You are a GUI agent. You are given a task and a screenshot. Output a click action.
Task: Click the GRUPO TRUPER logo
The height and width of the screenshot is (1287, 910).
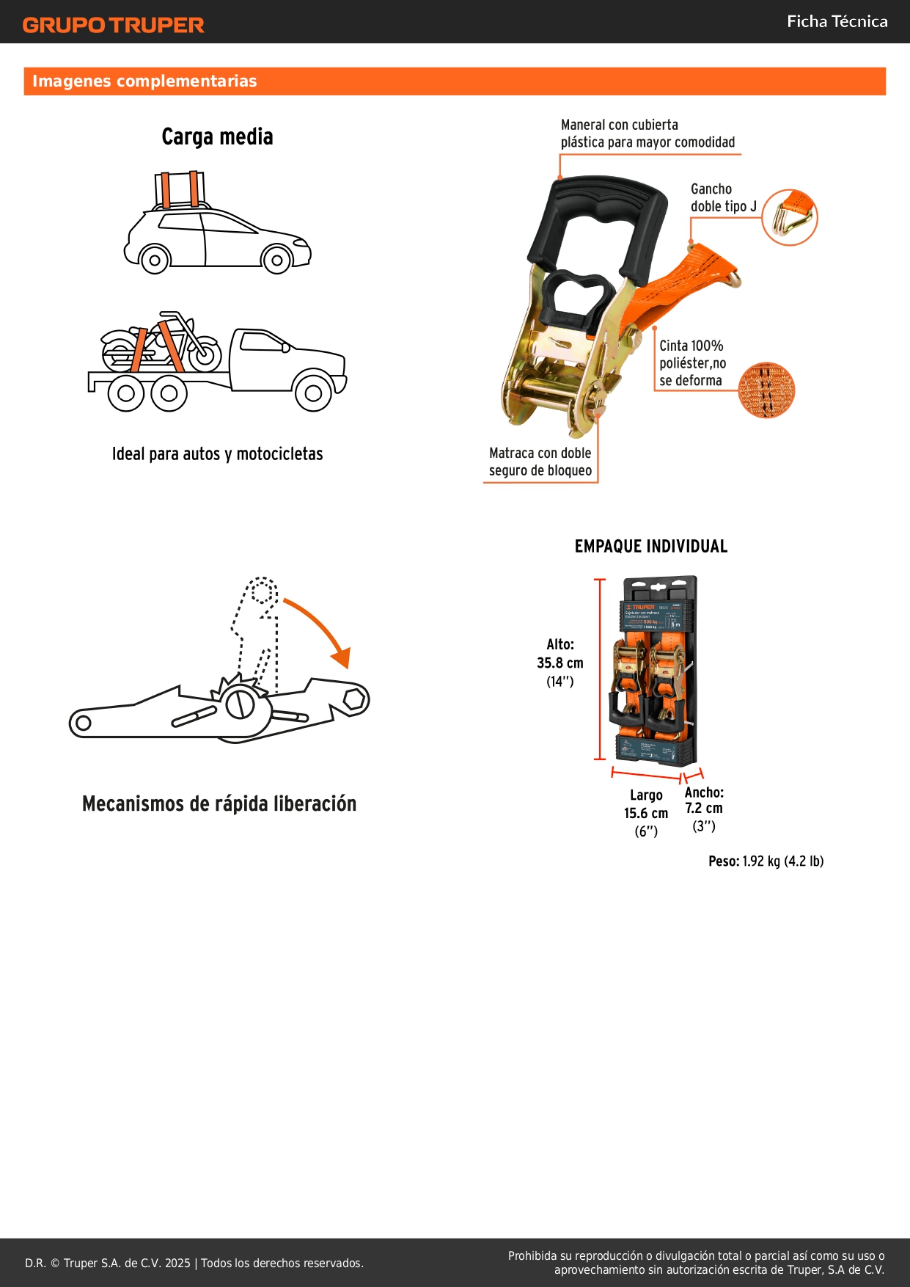(x=113, y=25)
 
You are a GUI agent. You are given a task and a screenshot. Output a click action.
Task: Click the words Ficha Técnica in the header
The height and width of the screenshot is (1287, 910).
(x=837, y=21)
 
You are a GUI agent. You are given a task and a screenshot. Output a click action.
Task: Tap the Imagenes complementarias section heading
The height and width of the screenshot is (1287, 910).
(x=144, y=81)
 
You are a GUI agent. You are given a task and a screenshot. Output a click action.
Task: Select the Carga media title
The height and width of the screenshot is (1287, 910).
(x=217, y=136)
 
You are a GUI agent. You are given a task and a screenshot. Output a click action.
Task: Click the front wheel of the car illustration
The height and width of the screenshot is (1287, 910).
(x=276, y=260)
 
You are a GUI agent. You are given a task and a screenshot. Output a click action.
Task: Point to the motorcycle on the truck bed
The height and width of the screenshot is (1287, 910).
(x=161, y=343)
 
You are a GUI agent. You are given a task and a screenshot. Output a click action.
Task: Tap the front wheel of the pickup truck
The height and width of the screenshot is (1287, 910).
(x=313, y=393)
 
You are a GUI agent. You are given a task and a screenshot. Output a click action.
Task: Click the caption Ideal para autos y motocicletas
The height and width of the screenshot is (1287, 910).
(x=217, y=454)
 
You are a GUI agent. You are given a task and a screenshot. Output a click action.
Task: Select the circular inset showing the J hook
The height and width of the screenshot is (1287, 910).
(x=789, y=217)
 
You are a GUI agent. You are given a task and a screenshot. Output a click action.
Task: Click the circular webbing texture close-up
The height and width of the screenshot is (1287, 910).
(x=766, y=390)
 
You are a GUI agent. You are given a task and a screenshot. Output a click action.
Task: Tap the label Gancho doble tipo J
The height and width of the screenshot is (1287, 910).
(x=723, y=198)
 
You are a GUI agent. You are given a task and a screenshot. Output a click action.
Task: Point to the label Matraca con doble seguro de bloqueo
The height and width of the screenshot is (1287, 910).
(x=540, y=462)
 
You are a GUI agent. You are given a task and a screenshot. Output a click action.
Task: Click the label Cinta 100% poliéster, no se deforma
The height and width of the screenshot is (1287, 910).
(x=692, y=363)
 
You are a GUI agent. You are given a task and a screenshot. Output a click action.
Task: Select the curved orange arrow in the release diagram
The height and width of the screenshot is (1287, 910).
(x=321, y=630)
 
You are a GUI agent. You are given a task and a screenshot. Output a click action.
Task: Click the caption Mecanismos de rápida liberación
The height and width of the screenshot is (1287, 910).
(x=219, y=804)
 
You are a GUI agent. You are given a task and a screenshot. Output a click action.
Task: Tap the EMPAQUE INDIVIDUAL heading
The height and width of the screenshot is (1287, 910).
(x=651, y=547)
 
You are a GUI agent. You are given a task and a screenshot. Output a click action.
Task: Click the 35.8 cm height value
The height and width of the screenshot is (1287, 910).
(x=560, y=663)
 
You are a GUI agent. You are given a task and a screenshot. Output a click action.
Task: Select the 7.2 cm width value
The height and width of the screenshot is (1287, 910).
(x=704, y=809)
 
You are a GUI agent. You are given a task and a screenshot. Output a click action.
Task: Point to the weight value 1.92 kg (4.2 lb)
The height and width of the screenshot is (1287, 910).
(x=782, y=861)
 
